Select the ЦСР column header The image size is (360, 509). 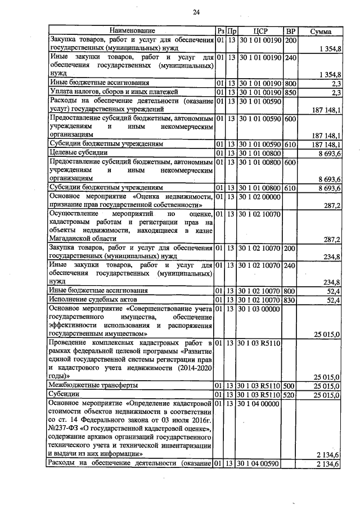pyautogui.click(x=260, y=30)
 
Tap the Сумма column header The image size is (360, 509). pyautogui.click(x=321, y=30)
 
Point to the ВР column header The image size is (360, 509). pyautogui.click(x=290, y=30)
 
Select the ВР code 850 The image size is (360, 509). pyautogui.click(x=290, y=92)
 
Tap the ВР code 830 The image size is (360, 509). pyautogui.click(x=290, y=300)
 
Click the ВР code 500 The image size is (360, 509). pyautogui.click(x=290, y=385)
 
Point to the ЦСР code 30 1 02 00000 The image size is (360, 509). pyautogui.click(x=260, y=197)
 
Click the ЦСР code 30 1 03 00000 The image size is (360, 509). pyautogui.click(x=260, y=309)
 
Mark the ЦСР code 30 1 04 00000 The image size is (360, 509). pyautogui.click(x=260, y=403)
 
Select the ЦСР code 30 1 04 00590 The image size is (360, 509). pyautogui.click(x=260, y=464)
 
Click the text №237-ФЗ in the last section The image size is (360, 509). pyautogui.click(x=65, y=429)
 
